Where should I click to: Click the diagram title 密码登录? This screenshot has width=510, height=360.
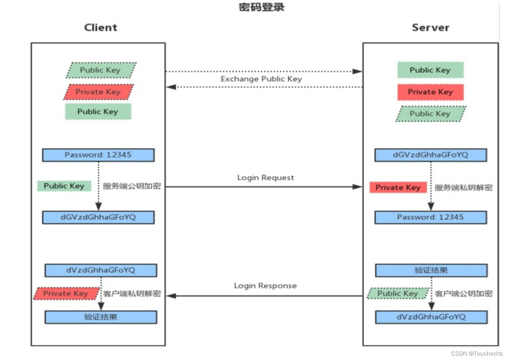click(x=262, y=7)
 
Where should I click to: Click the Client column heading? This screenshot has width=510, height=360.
click(x=101, y=28)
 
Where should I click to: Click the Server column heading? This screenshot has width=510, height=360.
click(x=430, y=28)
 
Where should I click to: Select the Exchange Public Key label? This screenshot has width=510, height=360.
click(x=261, y=79)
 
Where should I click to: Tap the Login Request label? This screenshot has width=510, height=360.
click(x=266, y=178)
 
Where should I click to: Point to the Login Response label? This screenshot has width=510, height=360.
click(x=265, y=286)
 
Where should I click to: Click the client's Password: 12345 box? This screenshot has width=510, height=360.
click(x=98, y=155)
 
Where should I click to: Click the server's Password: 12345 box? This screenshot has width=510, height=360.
click(x=430, y=217)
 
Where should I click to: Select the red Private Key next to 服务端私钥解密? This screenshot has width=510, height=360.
click(x=398, y=188)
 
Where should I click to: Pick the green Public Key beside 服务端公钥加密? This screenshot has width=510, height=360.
click(x=64, y=186)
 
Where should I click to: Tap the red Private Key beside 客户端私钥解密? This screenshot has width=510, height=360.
click(x=65, y=294)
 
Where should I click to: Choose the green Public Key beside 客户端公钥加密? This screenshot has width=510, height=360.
click(x=398, y=293)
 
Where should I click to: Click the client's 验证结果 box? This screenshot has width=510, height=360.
click(x=101, y=317)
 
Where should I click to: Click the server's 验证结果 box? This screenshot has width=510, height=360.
click(x=431, y=270)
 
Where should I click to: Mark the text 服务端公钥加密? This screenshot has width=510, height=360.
click(x=131, y=186)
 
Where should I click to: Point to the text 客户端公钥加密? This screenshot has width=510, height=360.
click(x=464, y=294)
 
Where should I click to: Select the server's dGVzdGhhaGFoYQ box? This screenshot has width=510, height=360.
click(x=430, y=155)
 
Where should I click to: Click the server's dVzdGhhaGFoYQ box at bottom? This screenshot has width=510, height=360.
click(x=431, y=317)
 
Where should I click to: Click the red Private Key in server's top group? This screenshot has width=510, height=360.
click(x=430, y=92)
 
